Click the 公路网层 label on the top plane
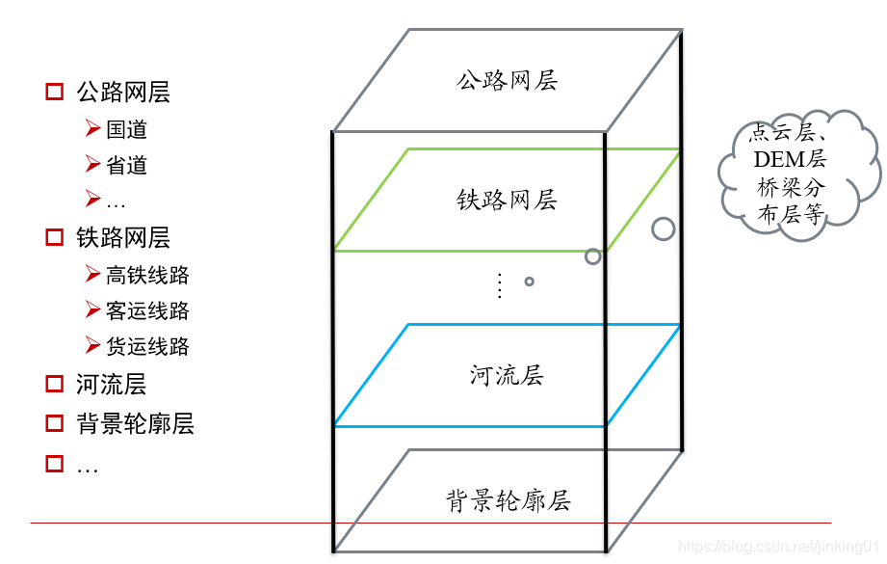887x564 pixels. point(507,80)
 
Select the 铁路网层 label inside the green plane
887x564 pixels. point(507,201)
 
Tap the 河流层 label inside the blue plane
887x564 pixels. point(507,375)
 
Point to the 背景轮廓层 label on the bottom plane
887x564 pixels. point(508,501)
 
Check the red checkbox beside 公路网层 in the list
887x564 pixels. point(55,93)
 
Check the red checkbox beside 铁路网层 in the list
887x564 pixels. point(55,237)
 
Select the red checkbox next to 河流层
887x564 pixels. point(55,385)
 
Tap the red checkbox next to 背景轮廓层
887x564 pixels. point(55,423)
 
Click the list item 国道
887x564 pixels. point(126,129)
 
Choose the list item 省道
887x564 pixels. point(126,165)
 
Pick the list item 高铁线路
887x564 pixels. point(147,275)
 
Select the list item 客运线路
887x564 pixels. point(147,310)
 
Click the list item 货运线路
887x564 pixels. point(147,346)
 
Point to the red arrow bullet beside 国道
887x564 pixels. point(92,128)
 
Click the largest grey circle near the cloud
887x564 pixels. point(663,228)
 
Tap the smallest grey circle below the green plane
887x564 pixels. point(529,282)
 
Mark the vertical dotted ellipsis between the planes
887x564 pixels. point(499,285)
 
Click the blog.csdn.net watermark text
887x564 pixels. point(780,547)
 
